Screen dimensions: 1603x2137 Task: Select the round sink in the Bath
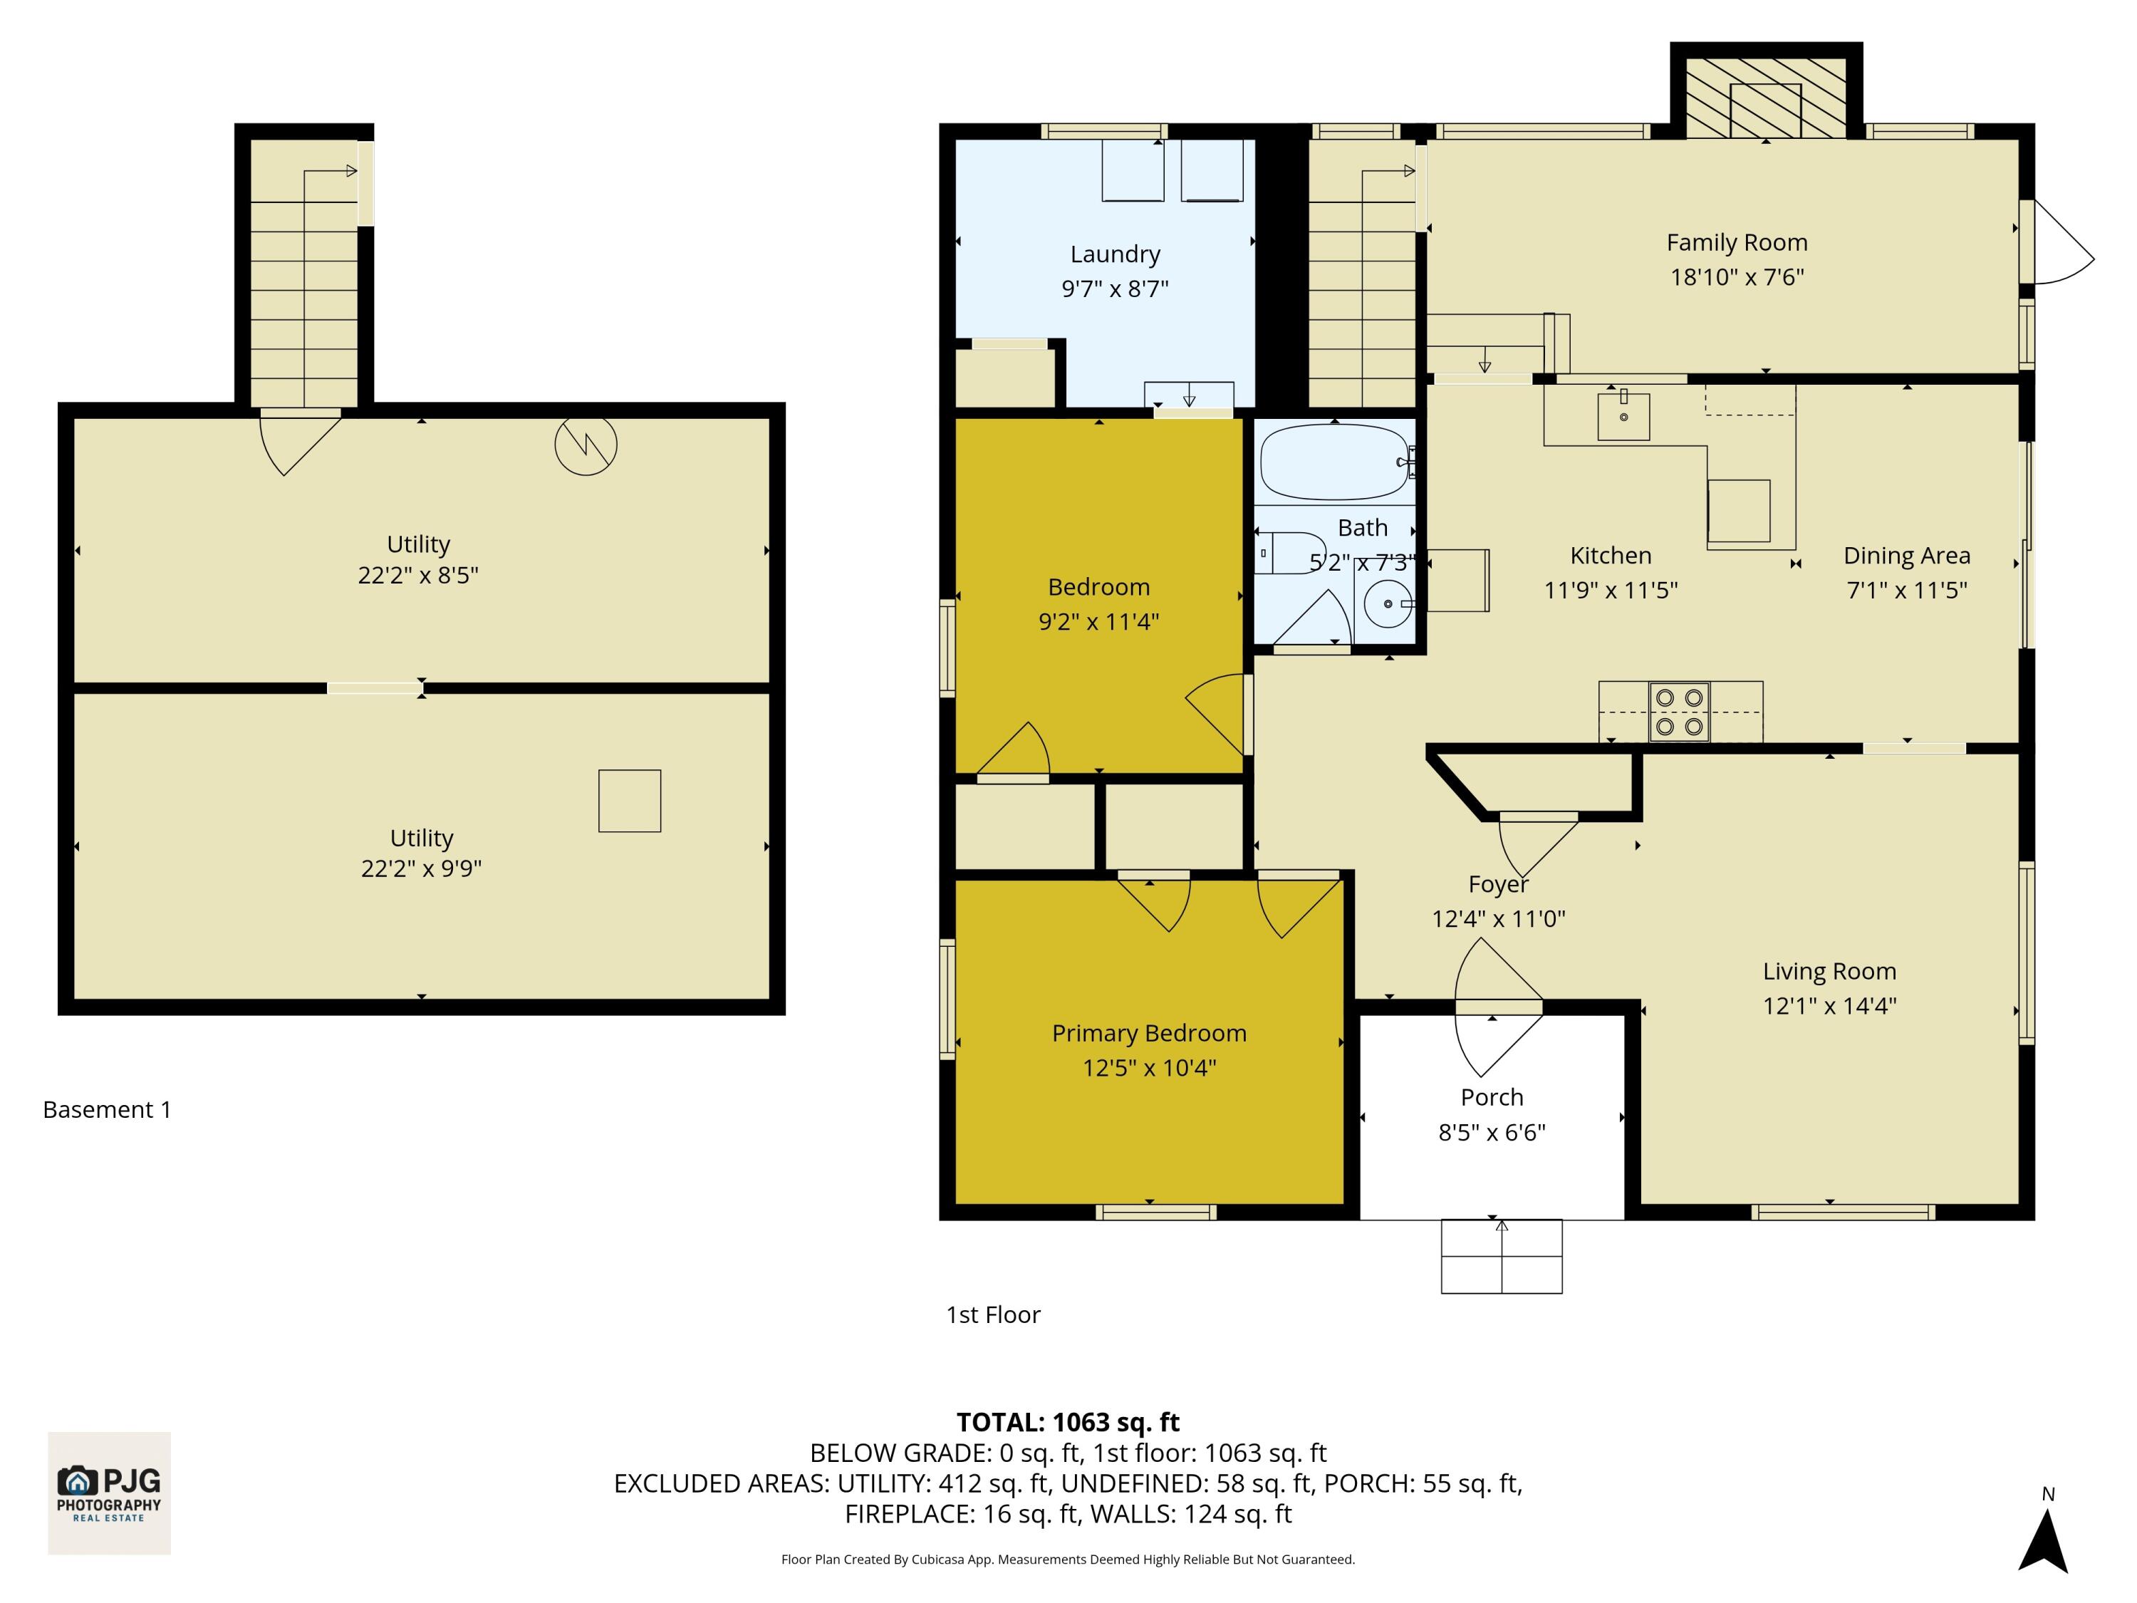coord(1388,604)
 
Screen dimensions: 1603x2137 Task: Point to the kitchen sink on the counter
coord(1623,417)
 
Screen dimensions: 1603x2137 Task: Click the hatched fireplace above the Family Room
coord(1765,98)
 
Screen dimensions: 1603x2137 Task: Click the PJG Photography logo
coord(109,1493)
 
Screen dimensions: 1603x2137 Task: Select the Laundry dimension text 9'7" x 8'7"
coord(1115,289)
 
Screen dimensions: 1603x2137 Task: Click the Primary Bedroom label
coord(1149,1033)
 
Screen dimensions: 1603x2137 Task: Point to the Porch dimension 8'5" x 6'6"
coord(1492,1133)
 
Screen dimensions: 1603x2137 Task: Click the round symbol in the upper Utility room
coord(586,445)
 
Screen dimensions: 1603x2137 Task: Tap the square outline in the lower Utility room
coord(629,801)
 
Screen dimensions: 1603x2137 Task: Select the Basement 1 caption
coord(108,1109)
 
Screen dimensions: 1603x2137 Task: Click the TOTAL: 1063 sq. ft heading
coord(1068,1422)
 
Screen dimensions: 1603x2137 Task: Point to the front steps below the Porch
coord(1502,1256)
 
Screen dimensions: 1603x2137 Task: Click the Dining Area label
coord(1906,556)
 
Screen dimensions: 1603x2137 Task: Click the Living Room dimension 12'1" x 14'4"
coord(1829,1006)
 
